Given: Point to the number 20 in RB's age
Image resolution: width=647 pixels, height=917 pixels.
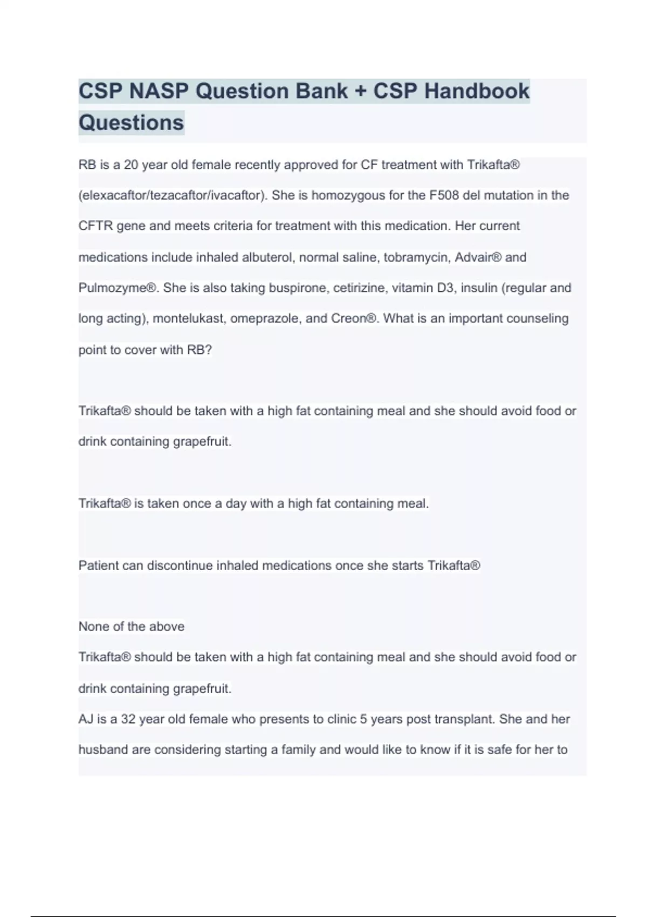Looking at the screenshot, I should pyautogui.click(x=131, y=165).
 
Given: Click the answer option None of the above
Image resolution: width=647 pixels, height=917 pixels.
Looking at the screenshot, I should pyautogui.click(x=131, y=626).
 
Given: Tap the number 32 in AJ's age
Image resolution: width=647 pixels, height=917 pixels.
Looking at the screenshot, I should pyautogui.click(x=128, y=719).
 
